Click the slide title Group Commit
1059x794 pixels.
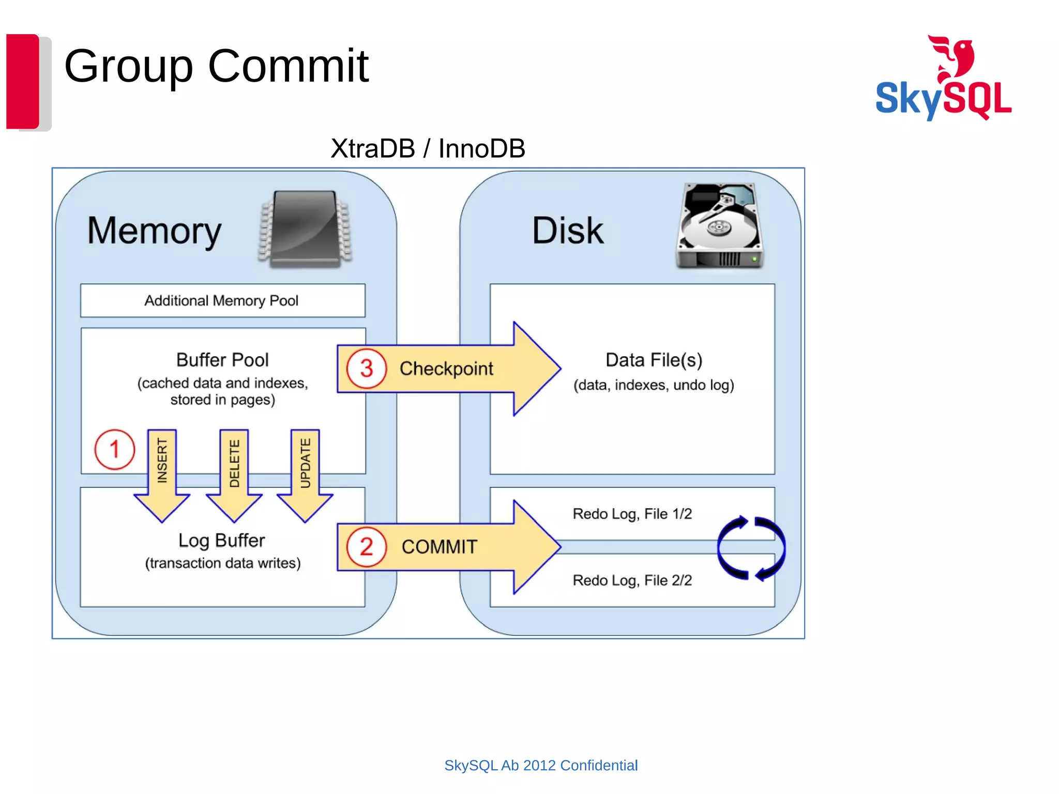tap(216, 66)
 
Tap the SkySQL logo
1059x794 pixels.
tap(943, 79)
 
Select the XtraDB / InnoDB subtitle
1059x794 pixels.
tap(428, 149)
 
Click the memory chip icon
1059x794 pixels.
tap(306, 229)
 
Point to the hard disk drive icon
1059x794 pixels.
tap(719, 226)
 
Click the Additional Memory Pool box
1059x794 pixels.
tap(222, 300)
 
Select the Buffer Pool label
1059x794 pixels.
tap(222, 360)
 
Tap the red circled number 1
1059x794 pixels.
tap(115, 449)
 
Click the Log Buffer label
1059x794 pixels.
tap(222, 540)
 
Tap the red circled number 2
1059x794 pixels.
tap(367, 547)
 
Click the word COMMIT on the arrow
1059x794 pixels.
tap(440, 547)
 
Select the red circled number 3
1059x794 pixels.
tap(367, 369)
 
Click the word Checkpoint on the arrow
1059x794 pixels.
tap(446, 369)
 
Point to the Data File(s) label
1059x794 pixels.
tap(654, 360)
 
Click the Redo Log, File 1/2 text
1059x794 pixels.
tap(632, 514)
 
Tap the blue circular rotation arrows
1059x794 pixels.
tap(751, 548)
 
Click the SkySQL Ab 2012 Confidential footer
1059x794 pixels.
tap(541, 765)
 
